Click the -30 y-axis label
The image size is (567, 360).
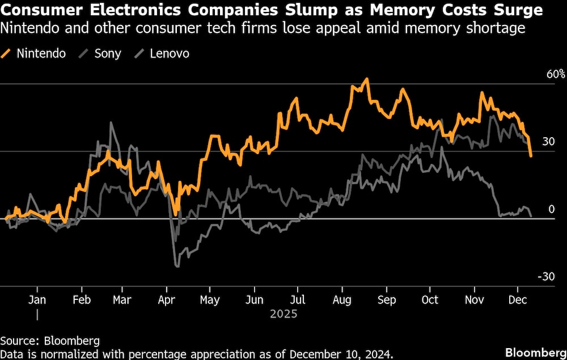(545, 277)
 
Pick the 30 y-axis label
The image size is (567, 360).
(548, 142)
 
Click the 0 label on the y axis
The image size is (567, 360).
(551, 209)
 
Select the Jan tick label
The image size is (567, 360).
(37, 299)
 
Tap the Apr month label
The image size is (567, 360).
(166, 299)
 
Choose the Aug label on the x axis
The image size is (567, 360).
(341, 299)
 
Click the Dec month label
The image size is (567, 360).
(517, 299)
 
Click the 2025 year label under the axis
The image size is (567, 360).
(283, 314)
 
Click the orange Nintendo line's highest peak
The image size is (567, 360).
(367, 79)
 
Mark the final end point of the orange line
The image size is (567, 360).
(531, 156)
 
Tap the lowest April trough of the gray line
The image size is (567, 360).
(177, 266)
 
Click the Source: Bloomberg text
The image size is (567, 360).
(50, 341)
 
